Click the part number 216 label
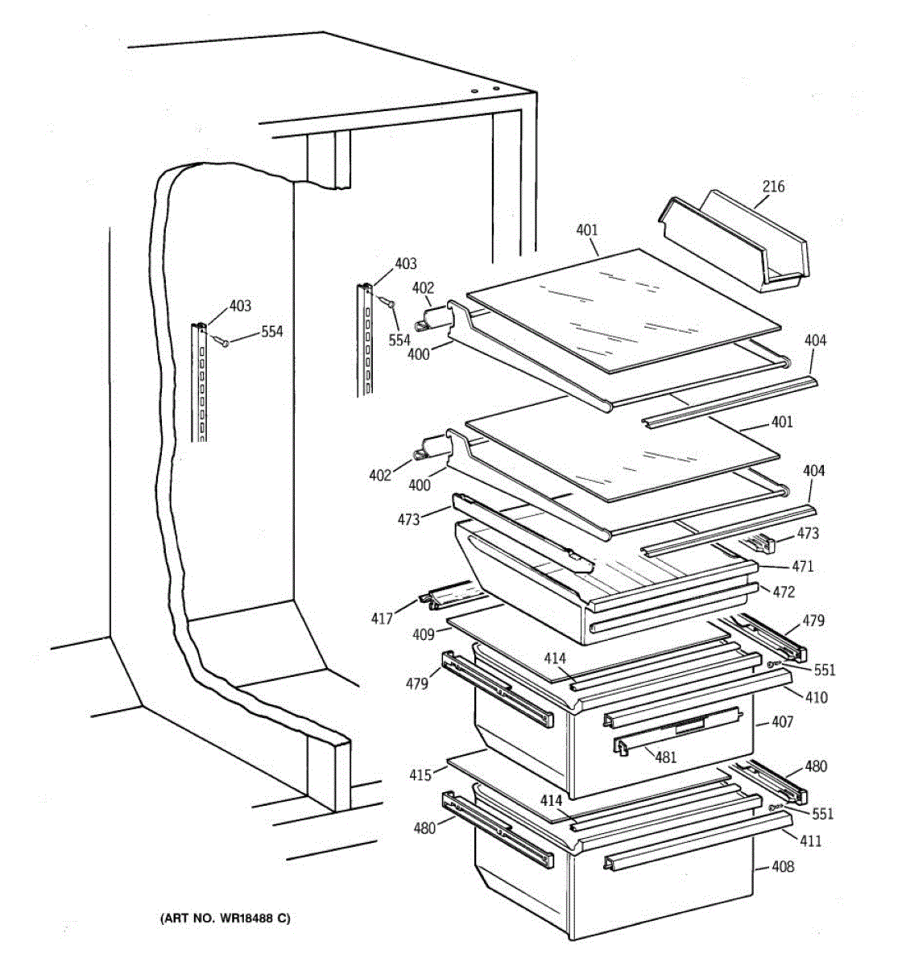tap(773, 187)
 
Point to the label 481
tap(665, 757)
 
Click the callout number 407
tap(782, 722)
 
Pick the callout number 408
tap(782, 867)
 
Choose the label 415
tap(420, 775)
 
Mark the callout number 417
tap(382, 618)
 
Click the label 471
tap(801, 566)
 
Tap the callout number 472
tap(783, 592)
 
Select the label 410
tap(815, 697)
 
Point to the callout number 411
tap(810, 840)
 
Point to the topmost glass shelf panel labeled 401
tap(624, 310)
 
